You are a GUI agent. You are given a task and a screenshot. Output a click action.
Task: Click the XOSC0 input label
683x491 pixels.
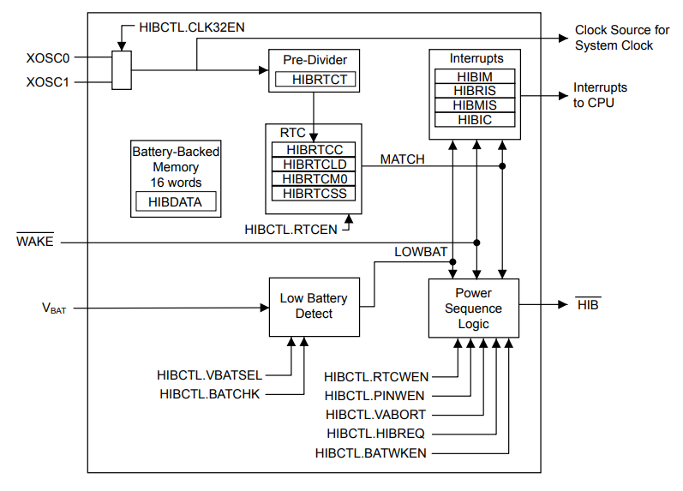48,58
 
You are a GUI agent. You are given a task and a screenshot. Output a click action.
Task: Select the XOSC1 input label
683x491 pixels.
48,82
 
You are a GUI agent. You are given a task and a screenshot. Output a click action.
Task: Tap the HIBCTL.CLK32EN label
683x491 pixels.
192,27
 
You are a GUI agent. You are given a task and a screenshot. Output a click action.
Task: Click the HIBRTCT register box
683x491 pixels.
315,80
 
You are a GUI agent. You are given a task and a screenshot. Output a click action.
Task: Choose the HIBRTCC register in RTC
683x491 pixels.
314,150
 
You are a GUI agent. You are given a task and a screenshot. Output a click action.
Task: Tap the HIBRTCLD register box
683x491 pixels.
314,165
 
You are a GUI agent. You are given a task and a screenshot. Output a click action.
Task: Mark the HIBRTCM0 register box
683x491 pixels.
314,179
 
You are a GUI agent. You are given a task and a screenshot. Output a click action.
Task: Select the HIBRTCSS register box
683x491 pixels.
314,194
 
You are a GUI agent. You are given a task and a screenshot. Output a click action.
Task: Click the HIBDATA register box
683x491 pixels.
176,202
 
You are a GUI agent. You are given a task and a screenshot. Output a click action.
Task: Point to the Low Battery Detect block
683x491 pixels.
314,306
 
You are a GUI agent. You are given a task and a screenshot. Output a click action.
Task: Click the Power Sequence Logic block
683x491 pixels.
473,308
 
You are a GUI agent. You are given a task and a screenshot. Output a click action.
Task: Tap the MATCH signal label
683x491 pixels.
402,159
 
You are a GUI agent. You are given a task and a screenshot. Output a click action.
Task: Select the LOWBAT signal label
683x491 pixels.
421,252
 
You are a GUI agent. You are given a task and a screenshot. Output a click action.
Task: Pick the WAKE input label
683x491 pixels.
35,242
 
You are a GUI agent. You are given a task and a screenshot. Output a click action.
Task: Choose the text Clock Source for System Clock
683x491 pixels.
621,38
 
